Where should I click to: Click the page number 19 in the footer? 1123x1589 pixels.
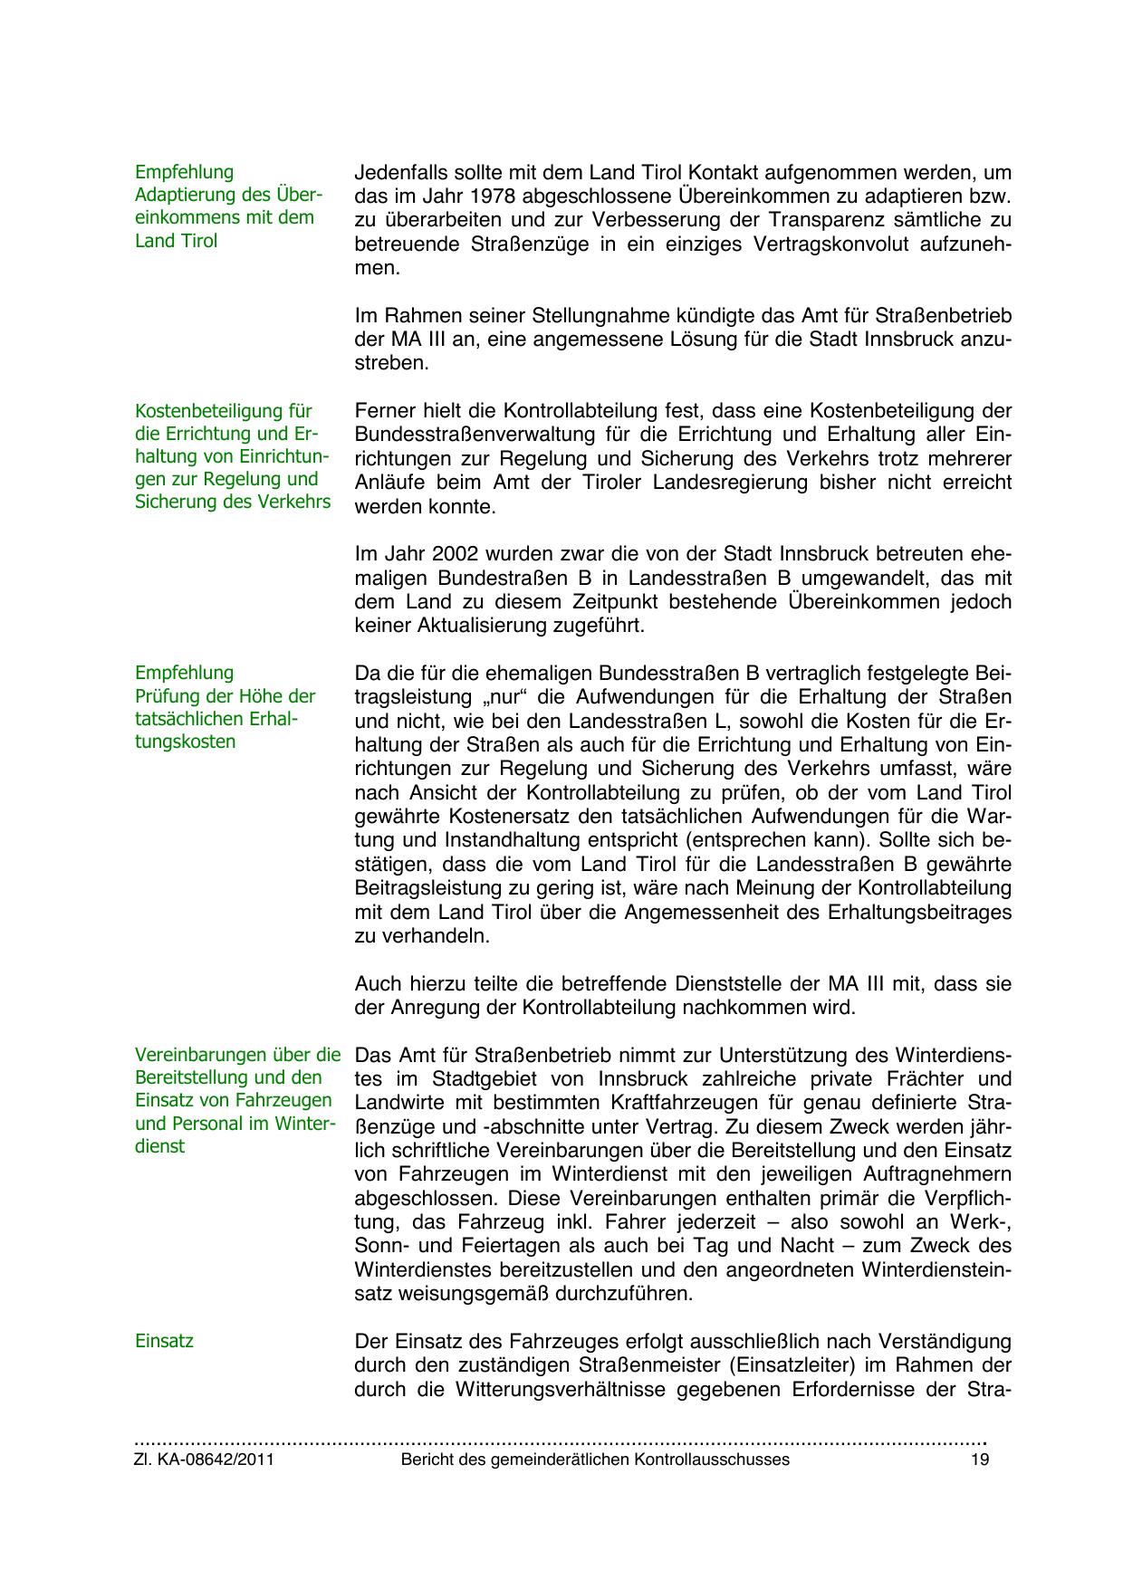point(979,1460)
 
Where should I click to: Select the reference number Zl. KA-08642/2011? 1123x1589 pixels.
point(204,1460)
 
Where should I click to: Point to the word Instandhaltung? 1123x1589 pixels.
point(512,840)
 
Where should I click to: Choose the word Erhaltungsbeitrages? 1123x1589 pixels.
point(919,912)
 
